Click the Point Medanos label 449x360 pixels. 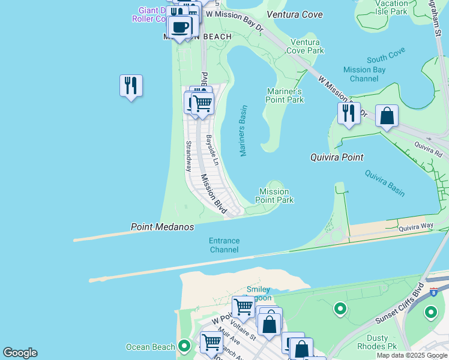tap(163, 227)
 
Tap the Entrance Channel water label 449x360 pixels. tap(224, 245)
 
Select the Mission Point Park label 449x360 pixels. tap(275, 196)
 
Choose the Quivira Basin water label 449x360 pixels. tap(385, 183)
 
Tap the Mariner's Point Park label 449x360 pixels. tap(285, 95)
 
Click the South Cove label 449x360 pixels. tap(386, 58)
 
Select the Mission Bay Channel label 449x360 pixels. tap(364, 74)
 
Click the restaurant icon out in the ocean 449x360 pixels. tap(131, 85)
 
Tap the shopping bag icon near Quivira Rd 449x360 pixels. tap(387, 116)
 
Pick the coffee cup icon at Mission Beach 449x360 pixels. tap(179, 26)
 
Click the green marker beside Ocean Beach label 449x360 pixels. tap(185, 346)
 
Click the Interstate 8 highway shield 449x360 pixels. tap(433, 292)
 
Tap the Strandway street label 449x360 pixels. tap(188, 156)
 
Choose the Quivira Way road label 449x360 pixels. tap(417, 226)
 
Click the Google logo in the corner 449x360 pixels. tap(20, 353)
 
